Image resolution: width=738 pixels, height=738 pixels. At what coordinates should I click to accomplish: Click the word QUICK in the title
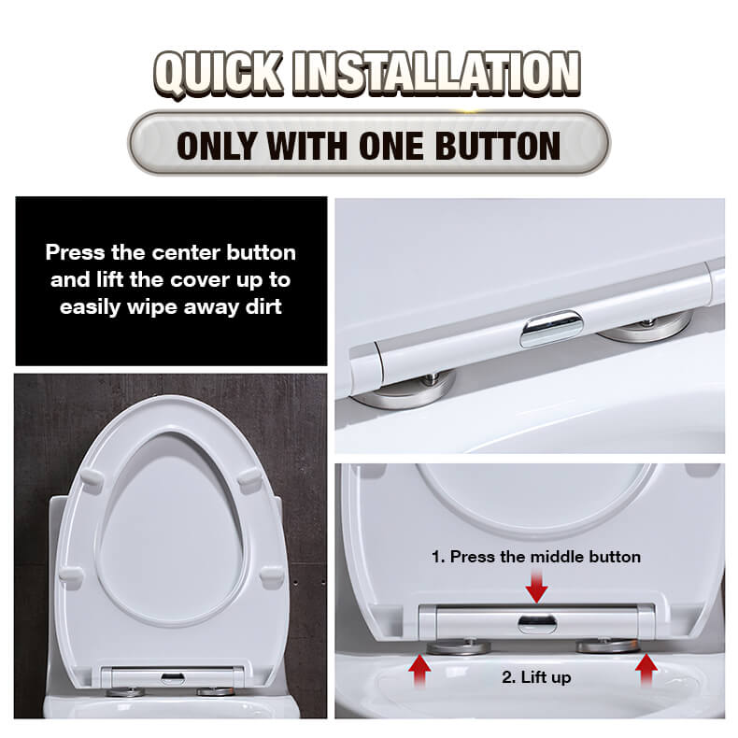pos(219,74)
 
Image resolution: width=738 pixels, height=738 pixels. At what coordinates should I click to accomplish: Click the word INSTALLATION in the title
pos(436,73)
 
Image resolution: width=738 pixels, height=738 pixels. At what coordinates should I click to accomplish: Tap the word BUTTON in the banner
pos(498,146)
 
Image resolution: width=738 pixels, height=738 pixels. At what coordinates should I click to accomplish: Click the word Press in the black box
pos(75,253)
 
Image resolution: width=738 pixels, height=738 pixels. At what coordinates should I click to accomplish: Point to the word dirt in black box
pos(263,306)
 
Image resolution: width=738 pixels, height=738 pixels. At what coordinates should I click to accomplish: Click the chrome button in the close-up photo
pos(551,328)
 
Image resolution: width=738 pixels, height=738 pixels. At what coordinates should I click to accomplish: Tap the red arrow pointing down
pos(536,587)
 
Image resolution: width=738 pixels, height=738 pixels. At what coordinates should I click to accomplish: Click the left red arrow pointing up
pos(419,672)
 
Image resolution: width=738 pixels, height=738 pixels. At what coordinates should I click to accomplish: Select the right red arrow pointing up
pos(646,670)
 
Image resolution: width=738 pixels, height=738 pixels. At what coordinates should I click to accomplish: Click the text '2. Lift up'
pos(536,677)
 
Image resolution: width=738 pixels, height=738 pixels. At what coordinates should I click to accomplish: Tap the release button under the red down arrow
pos(537,624)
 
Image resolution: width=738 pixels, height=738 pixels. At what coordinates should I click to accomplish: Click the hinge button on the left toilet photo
pos(173,678)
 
